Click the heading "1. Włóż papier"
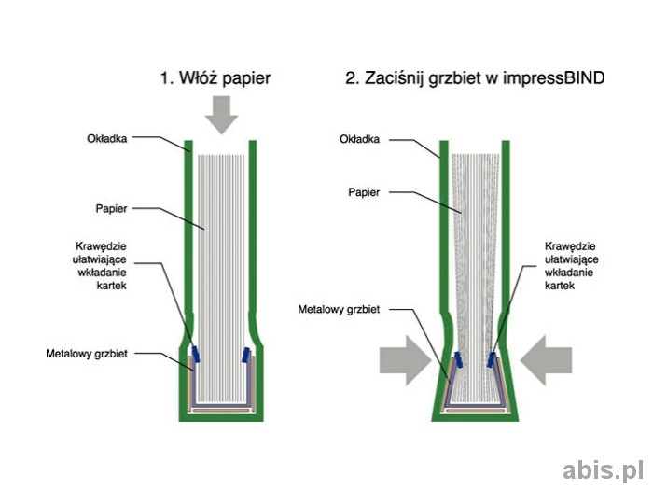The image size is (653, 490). coord(215,78)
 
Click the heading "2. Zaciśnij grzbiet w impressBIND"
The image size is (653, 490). coord(475,78)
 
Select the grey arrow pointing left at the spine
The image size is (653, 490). coord(546,361)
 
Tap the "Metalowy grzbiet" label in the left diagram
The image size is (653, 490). coord(87,354)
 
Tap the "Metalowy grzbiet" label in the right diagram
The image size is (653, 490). coord(339,308)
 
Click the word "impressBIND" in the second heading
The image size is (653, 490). coord(558,78)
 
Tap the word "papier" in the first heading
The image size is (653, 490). coord(243,79)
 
